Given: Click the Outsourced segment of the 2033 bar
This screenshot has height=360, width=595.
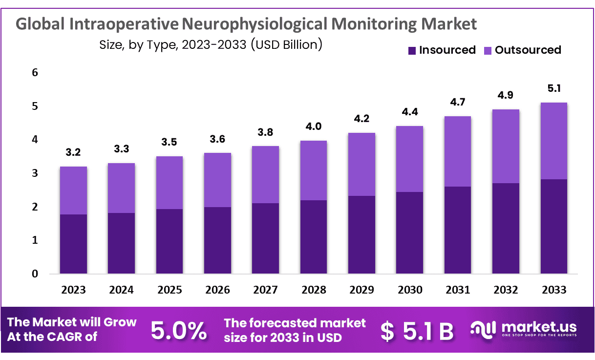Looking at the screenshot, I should pyautogui.click(x=553, y=141).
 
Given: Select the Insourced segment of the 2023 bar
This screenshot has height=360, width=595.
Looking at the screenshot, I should pyautogui.click(x=73, y=244).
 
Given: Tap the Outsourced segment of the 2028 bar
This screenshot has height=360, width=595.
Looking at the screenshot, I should pyautogui.click(x=314, y=170).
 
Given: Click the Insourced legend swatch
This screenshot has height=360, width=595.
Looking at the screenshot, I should pyautogui.click(x=411, y=50).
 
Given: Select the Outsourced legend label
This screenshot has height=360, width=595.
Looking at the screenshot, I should pyautogui.click(x=528, y=50).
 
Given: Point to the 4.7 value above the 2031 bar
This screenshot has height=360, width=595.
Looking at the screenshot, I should pyautogui.click(x=458, y=102).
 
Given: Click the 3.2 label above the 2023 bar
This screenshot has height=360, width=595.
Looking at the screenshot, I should pyautogui.click(x=73, y=152).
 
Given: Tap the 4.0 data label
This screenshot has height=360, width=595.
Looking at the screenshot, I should pyautogui.click(x=314, y=127).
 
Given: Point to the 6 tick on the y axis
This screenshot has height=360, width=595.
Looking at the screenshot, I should pyautogui.click(x=35, y=73).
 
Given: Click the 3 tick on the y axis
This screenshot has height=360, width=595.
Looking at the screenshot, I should pyautogui.click(x=35, y=173).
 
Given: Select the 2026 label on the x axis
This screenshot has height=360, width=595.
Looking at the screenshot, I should pyautogui.click(x=217, y=290).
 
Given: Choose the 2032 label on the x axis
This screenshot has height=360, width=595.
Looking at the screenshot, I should pyautogui.click(x=506, y=290).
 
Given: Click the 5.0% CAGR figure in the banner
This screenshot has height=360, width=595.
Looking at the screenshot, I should pyautogui.click(x=178, y=331).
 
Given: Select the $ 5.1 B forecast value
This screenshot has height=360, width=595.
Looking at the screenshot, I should pyautogui.click(x=417, y=331).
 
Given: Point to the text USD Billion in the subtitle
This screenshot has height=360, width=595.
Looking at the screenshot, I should pyautogui.click(x=286, y=45).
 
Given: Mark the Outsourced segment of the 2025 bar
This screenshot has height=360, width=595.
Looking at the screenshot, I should pyautogui.click(x=170, y=182).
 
